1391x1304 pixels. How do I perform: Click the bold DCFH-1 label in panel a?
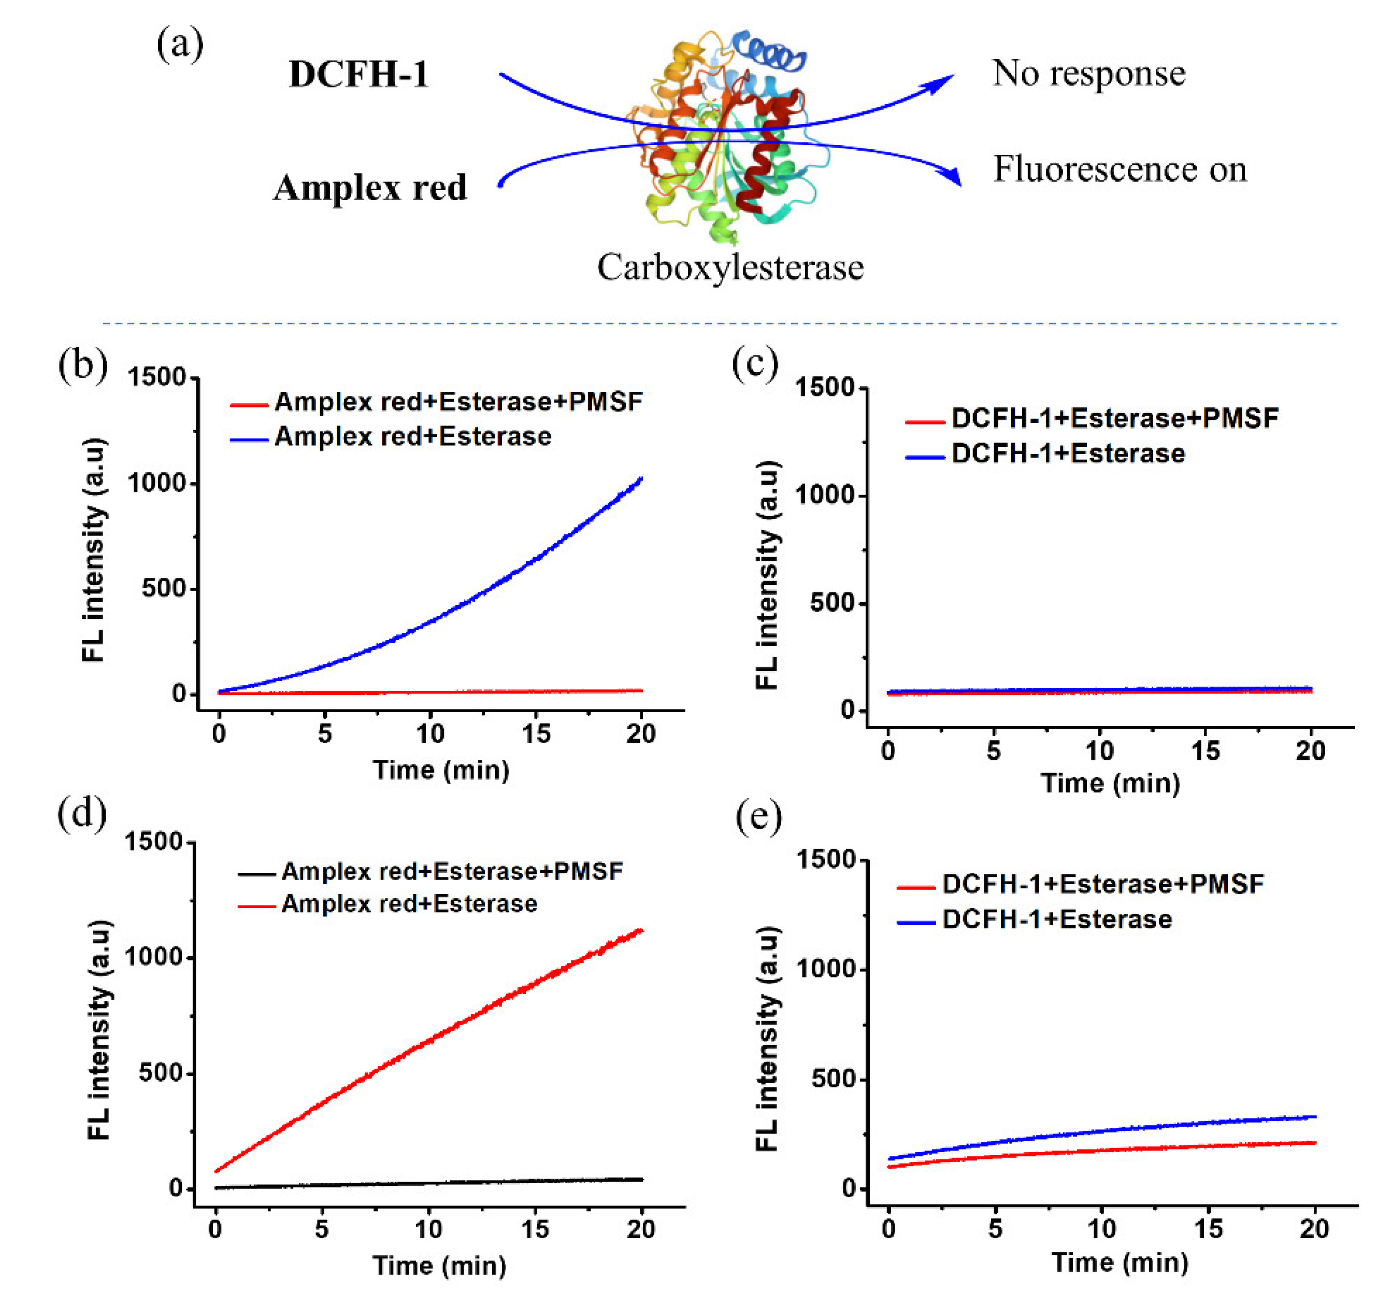click(x=358, y=74)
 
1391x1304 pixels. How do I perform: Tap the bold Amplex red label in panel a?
click(x=370, y=188)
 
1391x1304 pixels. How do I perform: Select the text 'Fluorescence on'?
click(x=1120, y=169)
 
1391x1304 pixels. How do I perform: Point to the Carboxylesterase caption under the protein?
click(x=730, y=267)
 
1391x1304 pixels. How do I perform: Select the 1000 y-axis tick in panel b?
click(x=155, y=483)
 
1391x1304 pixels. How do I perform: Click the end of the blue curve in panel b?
click(x=640, y=479)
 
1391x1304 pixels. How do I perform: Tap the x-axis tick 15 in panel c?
click(x=1205, y=751)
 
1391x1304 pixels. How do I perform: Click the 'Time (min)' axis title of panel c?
click(x=1110, y=783)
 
